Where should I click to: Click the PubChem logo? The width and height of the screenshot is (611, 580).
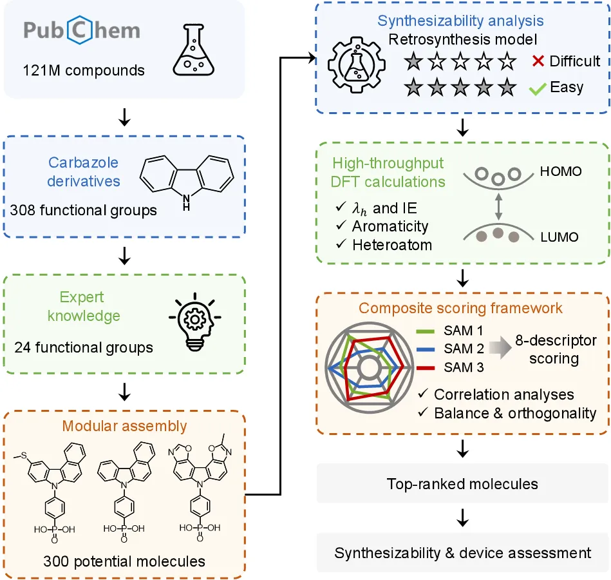[x=82, y=30]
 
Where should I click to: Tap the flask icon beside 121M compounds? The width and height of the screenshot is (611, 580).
[x=194, y=50]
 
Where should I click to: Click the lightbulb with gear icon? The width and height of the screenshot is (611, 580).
[x=195, y=322]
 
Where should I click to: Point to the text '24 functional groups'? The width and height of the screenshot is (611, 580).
[x=84, y=347]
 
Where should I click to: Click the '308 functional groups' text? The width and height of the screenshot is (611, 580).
[x=84, y=210]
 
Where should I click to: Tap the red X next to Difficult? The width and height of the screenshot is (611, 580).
[x=538, y=61]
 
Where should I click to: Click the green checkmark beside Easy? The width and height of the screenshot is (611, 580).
[x=538, y=90]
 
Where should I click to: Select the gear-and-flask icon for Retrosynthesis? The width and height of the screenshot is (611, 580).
[x=357, y=64]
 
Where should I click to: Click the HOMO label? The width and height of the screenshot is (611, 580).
[x=561, y=171]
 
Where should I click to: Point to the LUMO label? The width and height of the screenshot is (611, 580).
[x=559, y=237]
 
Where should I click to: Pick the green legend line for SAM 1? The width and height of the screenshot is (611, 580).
[x=425, y=331]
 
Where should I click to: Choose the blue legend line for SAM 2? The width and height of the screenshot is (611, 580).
[x=425, y=349]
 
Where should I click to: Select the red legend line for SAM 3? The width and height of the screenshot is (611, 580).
[x=425, y=368]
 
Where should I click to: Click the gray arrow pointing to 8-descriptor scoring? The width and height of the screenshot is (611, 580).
[x=500, y=347]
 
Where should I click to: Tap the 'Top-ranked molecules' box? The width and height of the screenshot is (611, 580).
[x=462, y=483]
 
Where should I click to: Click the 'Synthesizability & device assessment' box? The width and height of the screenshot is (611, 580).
[x=462, y=553]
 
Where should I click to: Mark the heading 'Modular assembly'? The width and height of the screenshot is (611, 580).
[x=124, y=426]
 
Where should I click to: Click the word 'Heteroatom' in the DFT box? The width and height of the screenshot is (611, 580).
[x=392, y=245]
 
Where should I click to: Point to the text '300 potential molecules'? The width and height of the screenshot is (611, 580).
[x=124, y=561]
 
